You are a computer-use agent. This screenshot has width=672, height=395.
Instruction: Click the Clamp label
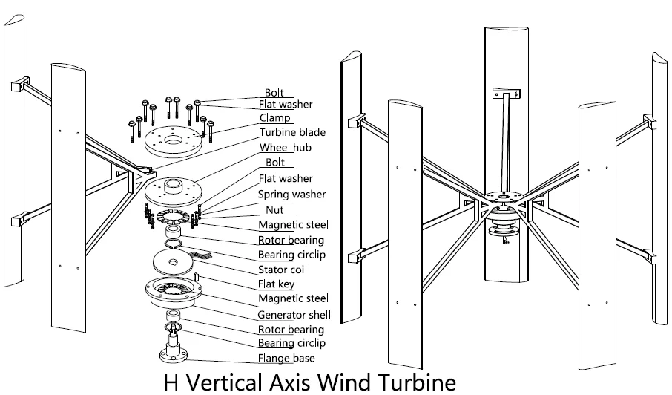coord(274,118)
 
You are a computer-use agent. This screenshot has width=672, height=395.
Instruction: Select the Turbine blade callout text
coord(292,132)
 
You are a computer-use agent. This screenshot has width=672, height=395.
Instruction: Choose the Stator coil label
coord(283,269)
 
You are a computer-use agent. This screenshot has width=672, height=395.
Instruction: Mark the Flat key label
coord(276,283)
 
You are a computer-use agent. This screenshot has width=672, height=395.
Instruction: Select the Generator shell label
coord(294,314)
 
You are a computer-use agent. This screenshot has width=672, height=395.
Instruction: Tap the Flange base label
coord(286,359)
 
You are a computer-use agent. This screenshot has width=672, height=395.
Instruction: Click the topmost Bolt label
coord(274,93)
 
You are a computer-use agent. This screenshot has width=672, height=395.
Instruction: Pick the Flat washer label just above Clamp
coord(286,105)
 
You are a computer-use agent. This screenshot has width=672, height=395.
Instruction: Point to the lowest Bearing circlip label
coord(291,343)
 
